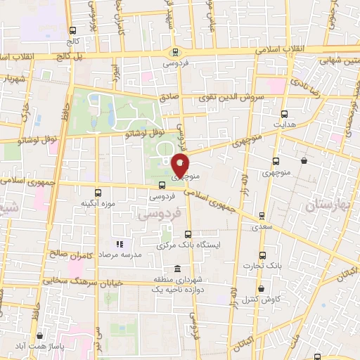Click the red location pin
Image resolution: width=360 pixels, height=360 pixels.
point(181,166)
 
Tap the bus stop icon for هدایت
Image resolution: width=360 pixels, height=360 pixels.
point(284,113)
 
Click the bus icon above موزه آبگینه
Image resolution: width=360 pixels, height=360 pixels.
point(98,192)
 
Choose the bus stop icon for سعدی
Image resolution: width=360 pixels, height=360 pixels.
point(262,216)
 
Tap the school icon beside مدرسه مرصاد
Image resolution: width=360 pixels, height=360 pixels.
point(119,245)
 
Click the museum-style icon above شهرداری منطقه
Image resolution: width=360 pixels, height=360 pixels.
point(175,270)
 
